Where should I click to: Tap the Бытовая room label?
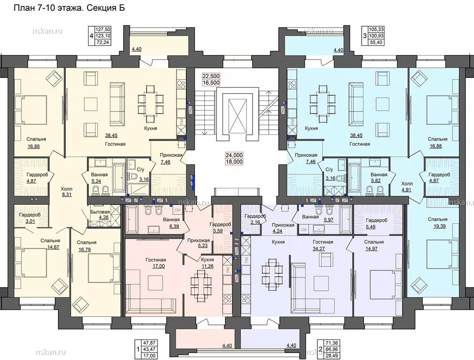click(x=100, y=212)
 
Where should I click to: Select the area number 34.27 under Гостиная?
click(x=323, y=249)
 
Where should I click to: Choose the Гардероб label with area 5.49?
click(x=377, y=220)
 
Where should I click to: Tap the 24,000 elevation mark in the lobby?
click(x=234, y=155)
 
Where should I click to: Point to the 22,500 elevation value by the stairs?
click(x=211, y=76)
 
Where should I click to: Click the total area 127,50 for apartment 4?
click(x=103, y=30)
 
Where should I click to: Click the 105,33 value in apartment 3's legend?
click(x=377, y=30)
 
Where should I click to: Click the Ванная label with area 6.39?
click(x=171, y=220)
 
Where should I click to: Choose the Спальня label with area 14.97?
click(x=374, y=242)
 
